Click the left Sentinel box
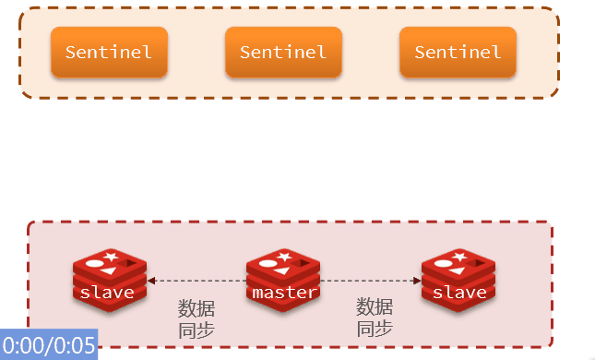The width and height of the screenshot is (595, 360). (109, 52)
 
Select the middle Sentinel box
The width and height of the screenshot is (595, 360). (283, 52)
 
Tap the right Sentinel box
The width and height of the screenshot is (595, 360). (458, 52)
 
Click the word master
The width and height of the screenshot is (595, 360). (284, 293)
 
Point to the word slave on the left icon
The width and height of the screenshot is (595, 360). (108, 293)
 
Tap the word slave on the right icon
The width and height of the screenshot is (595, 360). (458, 293)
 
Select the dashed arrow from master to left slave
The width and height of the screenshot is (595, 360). (196, 280)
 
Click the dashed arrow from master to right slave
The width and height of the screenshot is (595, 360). (371, 280)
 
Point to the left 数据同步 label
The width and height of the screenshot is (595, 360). (196, 318)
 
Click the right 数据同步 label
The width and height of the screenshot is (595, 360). (375, 318)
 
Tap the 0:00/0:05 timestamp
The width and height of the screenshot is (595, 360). (49, 346)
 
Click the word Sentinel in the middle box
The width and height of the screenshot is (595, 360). (283, 52)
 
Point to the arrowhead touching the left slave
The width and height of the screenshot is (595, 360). (151, 280)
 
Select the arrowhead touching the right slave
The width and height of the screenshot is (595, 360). (416, 280)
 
